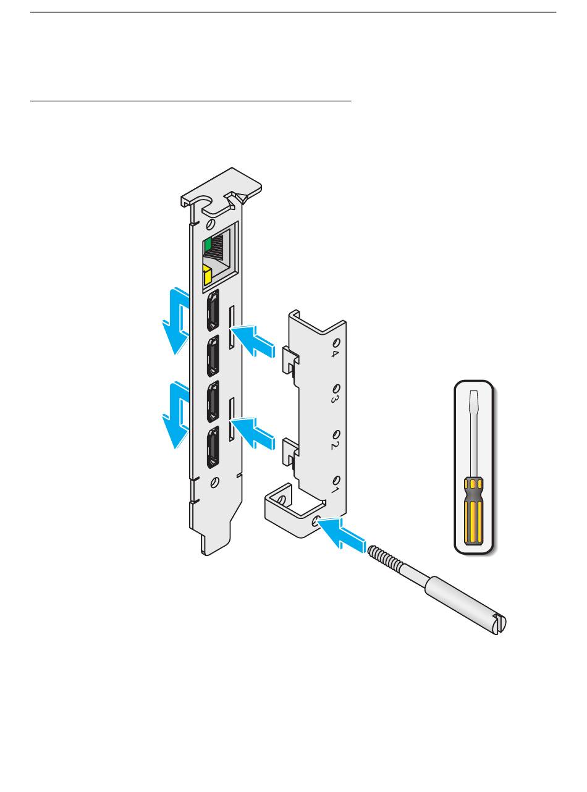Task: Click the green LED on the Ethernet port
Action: [x=207, y=244]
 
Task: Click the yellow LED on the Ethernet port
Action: [x=207, y=275]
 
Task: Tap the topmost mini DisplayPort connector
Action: [x=213, y=310]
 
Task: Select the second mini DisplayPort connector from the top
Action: [x=213, y=356]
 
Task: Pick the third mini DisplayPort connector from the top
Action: [x=213, y=401]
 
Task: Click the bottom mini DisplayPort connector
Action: [x=213, y=447]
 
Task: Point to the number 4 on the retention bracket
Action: [x=334, y=354]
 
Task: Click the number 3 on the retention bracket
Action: [x=334, y=400]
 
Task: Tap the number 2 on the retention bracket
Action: [x=334, y=445]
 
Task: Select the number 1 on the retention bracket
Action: [x=334, y=490]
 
